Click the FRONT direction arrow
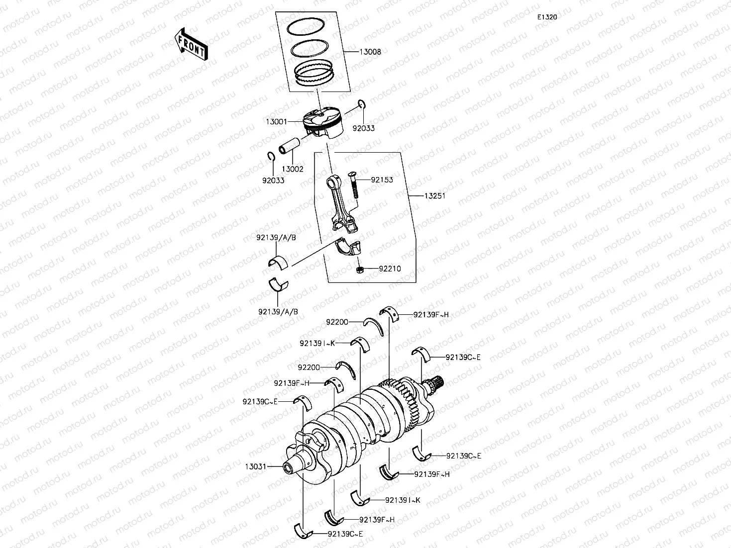tap(192, 44)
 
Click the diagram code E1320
tap(546, 17)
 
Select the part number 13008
tap(371, 52)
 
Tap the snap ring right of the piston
tap(362, 104)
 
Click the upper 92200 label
tap(337, 322)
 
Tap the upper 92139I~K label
tap(317, 343)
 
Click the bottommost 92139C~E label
tap(345, 534)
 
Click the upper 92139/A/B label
tap(276, 237)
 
